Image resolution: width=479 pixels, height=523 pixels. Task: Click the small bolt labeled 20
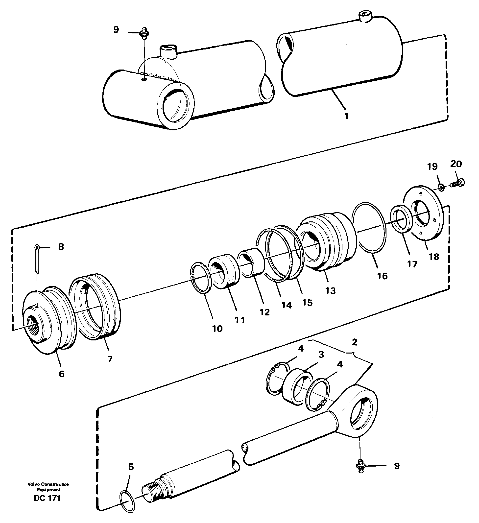click(x=458, y=183)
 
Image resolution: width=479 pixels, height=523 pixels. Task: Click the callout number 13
click(x=331, y=290)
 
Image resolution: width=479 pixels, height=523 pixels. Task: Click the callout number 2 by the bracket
click(x=355, y=342)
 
